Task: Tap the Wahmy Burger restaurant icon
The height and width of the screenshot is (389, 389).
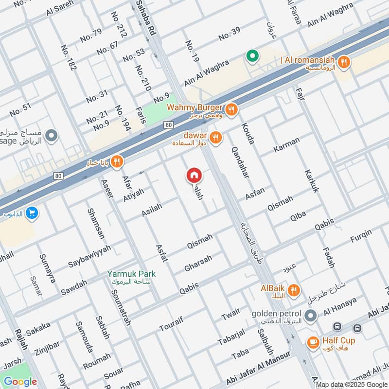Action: tap(232, 110)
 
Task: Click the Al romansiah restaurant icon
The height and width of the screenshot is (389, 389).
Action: tap(344, 62)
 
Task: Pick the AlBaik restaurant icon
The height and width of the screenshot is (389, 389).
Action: tap(293, 291)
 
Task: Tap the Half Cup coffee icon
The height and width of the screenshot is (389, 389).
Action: tap(313, 343)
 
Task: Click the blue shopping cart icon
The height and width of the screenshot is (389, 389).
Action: tap(33, 213)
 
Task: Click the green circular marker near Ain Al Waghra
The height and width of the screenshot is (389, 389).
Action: tap(252, 57)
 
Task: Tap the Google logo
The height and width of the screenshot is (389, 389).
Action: tap(20, 382)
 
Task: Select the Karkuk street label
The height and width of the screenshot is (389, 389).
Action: tap(311, 181)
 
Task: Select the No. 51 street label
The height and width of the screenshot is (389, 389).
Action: tap(20, 110)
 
